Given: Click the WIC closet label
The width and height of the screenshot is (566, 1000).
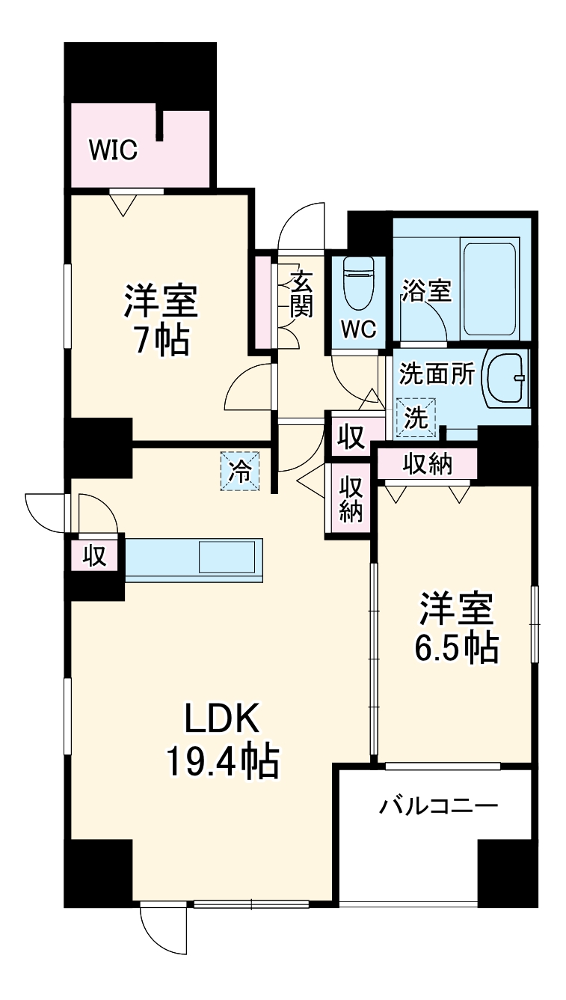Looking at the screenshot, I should point(114,150).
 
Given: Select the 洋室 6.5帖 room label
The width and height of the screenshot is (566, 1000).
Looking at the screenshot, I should point(455,628).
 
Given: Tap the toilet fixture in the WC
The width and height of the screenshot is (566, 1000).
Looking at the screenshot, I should point(357,284).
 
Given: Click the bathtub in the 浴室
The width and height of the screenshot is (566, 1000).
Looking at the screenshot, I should point(490,288).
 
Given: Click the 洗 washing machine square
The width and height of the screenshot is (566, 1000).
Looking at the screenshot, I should point(415,417).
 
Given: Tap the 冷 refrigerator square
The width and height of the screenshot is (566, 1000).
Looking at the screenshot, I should point(240,471).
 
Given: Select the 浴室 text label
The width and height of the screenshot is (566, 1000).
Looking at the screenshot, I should point(426,290).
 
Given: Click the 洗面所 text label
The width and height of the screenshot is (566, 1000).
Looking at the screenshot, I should point(437,373).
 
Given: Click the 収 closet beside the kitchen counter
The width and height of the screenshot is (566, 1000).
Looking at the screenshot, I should point(94,556).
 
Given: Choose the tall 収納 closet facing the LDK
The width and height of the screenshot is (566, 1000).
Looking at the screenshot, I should point(351,499).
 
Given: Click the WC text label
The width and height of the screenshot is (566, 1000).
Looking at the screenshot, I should point(359,329).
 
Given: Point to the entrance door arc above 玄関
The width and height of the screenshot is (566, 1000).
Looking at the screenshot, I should point(303,225).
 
